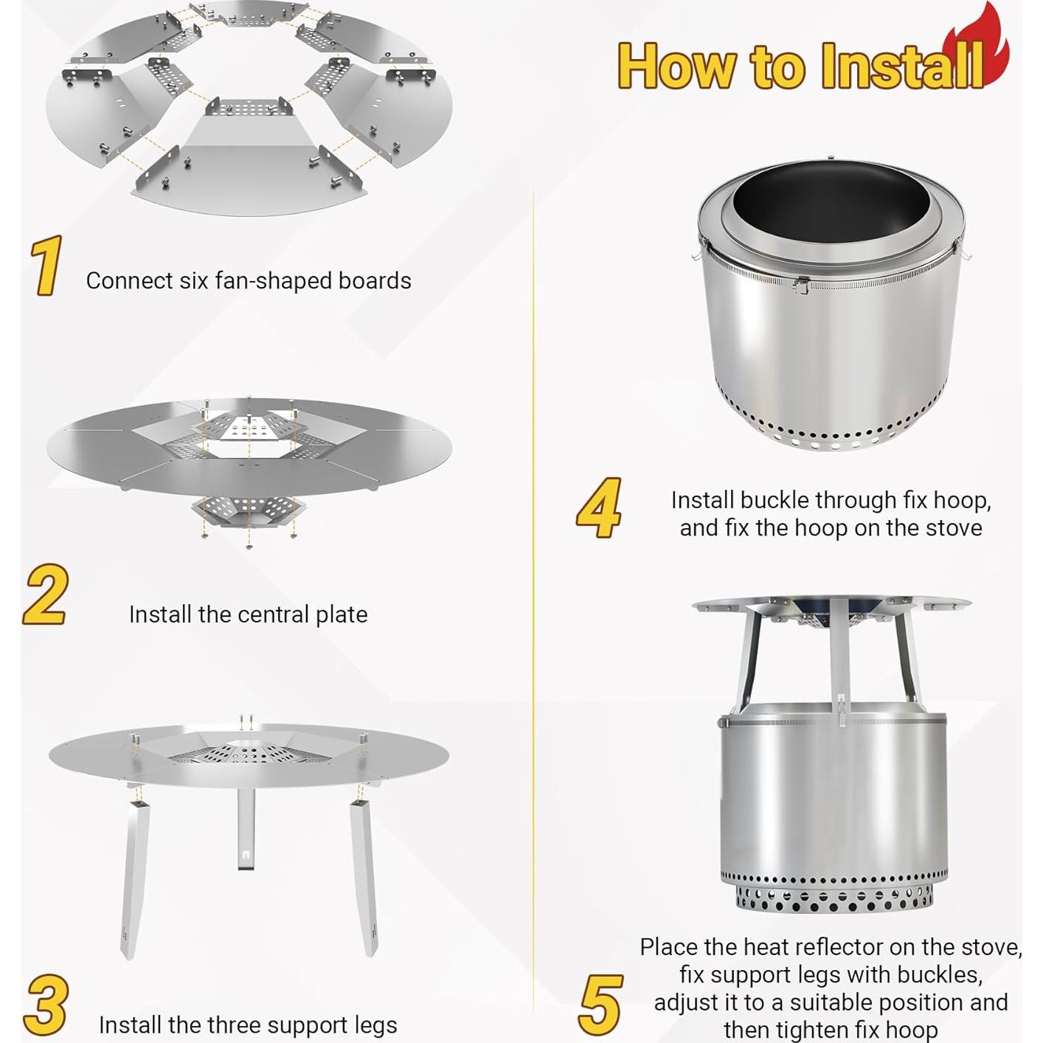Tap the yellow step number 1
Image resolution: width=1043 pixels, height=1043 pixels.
pyautogui.click(x=46, y=266)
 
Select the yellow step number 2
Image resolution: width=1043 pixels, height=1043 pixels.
pyautogui.click(x=45, y=595)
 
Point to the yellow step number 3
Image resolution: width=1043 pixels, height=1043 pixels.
pyautogui.click(x=46, y=1005)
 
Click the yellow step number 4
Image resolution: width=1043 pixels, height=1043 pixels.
pyautogui.click(x=599, y=507)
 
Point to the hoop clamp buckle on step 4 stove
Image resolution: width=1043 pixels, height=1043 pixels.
pyautogui.click(x=800, y=285)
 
